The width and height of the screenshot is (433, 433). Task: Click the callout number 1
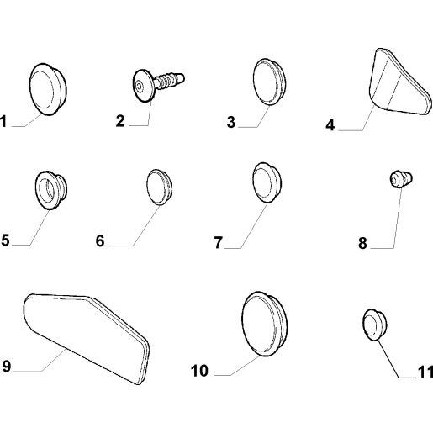tap(3, 122)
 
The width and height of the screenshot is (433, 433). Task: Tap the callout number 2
tap(120, 121)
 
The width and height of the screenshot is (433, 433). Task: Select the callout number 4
tap(330, 124)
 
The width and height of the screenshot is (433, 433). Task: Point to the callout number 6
tap(100, 240)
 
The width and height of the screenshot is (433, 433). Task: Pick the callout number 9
tap(6, 366)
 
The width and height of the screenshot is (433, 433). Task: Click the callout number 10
tap(199, 371)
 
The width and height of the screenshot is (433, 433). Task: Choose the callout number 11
tap(425, 372)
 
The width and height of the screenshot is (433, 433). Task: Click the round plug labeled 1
tap(48, 89)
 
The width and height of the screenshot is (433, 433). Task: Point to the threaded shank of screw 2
tap(169, 80)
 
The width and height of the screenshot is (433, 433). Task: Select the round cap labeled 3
tap(269, 82)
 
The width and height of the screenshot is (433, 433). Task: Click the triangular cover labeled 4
tap(399, 82)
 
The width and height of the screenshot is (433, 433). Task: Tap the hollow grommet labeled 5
tap(51, 190)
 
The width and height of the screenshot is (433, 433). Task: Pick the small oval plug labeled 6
tap(159, 187)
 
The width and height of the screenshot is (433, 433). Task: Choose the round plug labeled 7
tap(267, 182)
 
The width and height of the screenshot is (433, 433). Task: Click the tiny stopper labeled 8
tap(401, 179)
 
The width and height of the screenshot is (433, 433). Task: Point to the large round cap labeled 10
tap(264, 324)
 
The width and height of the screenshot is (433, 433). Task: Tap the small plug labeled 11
tap(374, 325)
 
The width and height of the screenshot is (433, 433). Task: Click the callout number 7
tap(219, 242)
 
